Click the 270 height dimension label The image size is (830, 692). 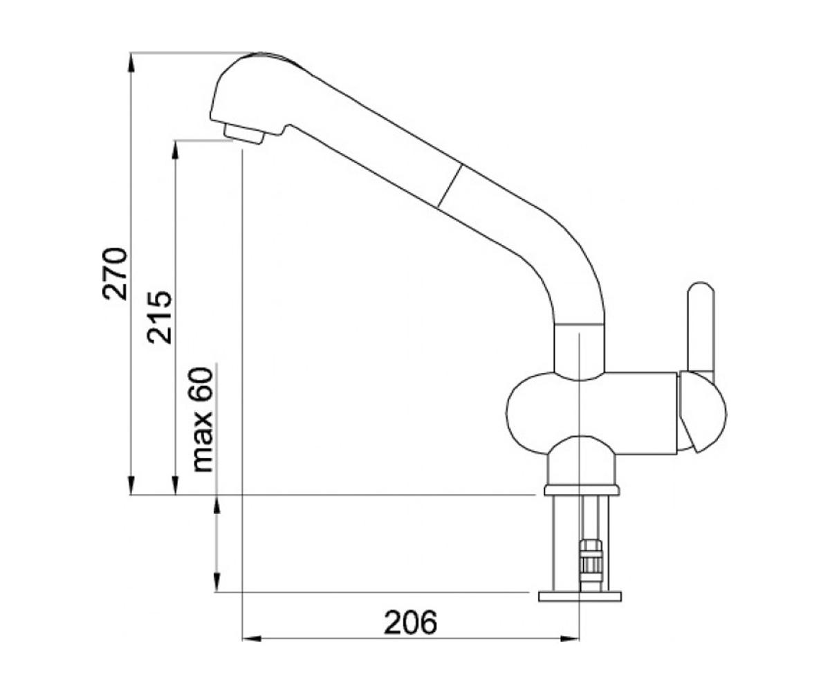(x=115, y=273)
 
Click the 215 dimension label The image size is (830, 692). (x=159, y=318)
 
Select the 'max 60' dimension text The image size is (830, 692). (x=202, y=420)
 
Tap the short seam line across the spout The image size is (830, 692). (x=450, y=185)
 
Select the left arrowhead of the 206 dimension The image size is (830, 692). (x=251, y=639)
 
